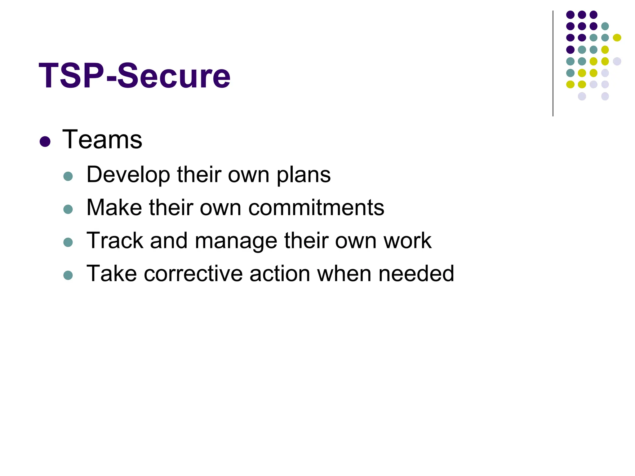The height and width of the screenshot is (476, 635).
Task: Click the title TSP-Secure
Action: coord(134,76)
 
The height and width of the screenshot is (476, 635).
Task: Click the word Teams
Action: coord(102,140)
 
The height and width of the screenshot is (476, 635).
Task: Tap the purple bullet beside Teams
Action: coord(45,142)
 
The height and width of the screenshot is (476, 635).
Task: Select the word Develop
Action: coord(128,175)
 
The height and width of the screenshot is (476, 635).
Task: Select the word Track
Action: coord(114,240)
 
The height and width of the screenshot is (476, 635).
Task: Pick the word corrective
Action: coord(193,274)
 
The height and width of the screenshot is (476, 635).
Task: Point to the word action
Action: coord(280,274)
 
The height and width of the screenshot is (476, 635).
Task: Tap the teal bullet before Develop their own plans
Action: coord(68,176)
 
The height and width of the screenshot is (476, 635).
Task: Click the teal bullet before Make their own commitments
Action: coord(68,209)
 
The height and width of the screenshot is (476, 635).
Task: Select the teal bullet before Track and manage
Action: coord(68,242)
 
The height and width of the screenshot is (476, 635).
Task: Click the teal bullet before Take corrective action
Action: coord(68,275)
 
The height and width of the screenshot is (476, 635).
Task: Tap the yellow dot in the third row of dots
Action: coord(617,38)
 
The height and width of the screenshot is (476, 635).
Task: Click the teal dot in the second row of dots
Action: coord(605,26)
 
